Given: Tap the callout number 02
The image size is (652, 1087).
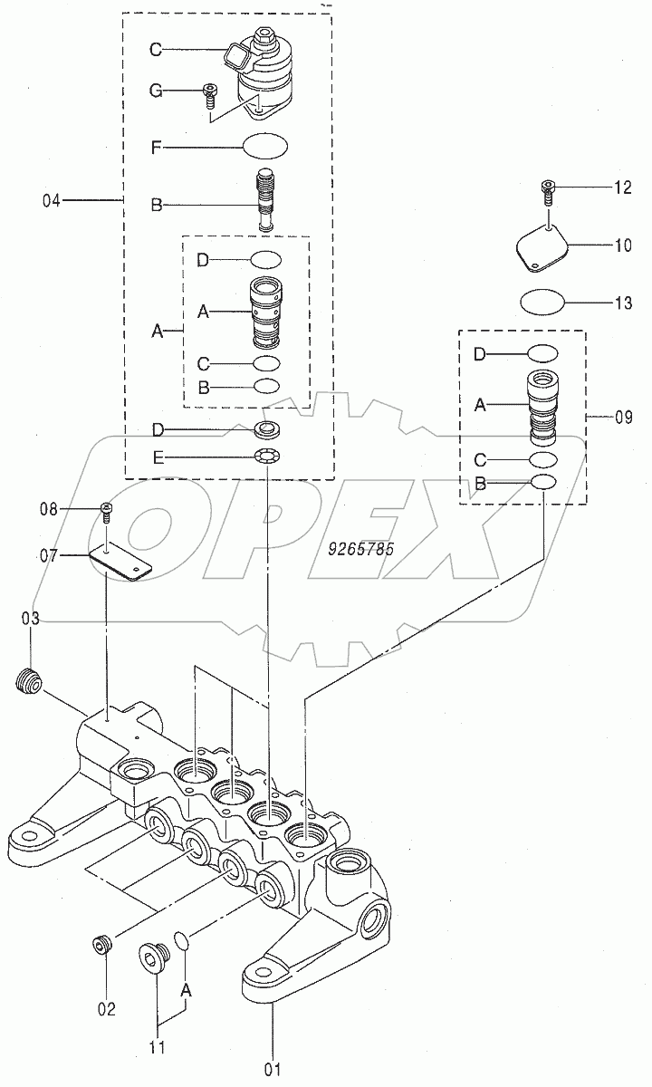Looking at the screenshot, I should click(107, 1008).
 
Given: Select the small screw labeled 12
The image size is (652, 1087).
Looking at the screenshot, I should click(548, 190).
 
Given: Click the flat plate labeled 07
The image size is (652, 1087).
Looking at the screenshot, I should click(121, 563).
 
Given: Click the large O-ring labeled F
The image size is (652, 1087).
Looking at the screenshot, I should click(265, 145).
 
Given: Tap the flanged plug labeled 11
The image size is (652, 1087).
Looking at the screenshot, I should click(152, 957).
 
